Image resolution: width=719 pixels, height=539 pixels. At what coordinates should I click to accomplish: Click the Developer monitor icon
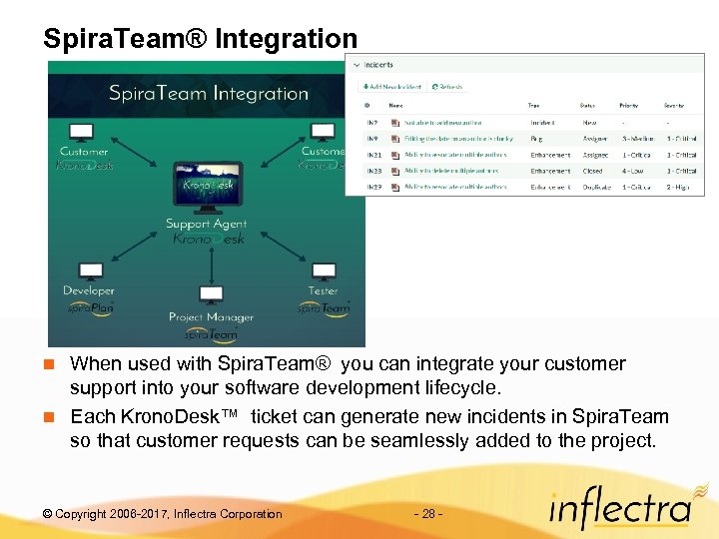[x=89, y=270]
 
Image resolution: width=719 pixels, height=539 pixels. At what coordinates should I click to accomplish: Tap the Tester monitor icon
[x=323, y=271]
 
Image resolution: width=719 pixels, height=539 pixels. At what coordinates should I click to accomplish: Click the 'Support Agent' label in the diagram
[x=207, y=224]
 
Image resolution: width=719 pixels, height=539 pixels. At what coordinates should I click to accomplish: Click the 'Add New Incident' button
[x=391, y=87]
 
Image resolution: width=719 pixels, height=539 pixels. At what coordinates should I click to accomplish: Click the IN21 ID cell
[x=373, y=155]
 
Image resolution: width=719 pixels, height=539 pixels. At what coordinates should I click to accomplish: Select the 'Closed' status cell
[x=593, y=171]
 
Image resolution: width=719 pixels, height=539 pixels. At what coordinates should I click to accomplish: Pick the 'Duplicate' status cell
[x=596, y=187]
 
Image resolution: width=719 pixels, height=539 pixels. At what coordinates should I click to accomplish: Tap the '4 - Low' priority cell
[x=633, y=171]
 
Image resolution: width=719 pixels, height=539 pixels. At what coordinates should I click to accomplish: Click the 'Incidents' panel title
[x=377, y=65]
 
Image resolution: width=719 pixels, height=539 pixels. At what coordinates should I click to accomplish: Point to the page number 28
[x=427, y=514]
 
